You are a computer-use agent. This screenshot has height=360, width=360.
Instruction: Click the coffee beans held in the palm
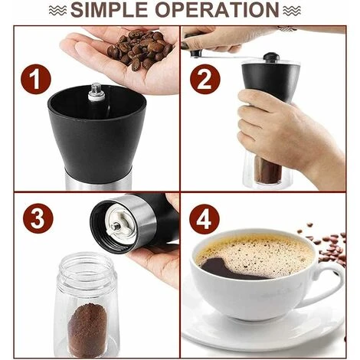[x=136, y=50]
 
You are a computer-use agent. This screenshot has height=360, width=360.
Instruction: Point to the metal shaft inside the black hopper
[x=97, y=92]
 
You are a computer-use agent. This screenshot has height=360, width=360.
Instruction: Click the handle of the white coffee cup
[x=331, y=283]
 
